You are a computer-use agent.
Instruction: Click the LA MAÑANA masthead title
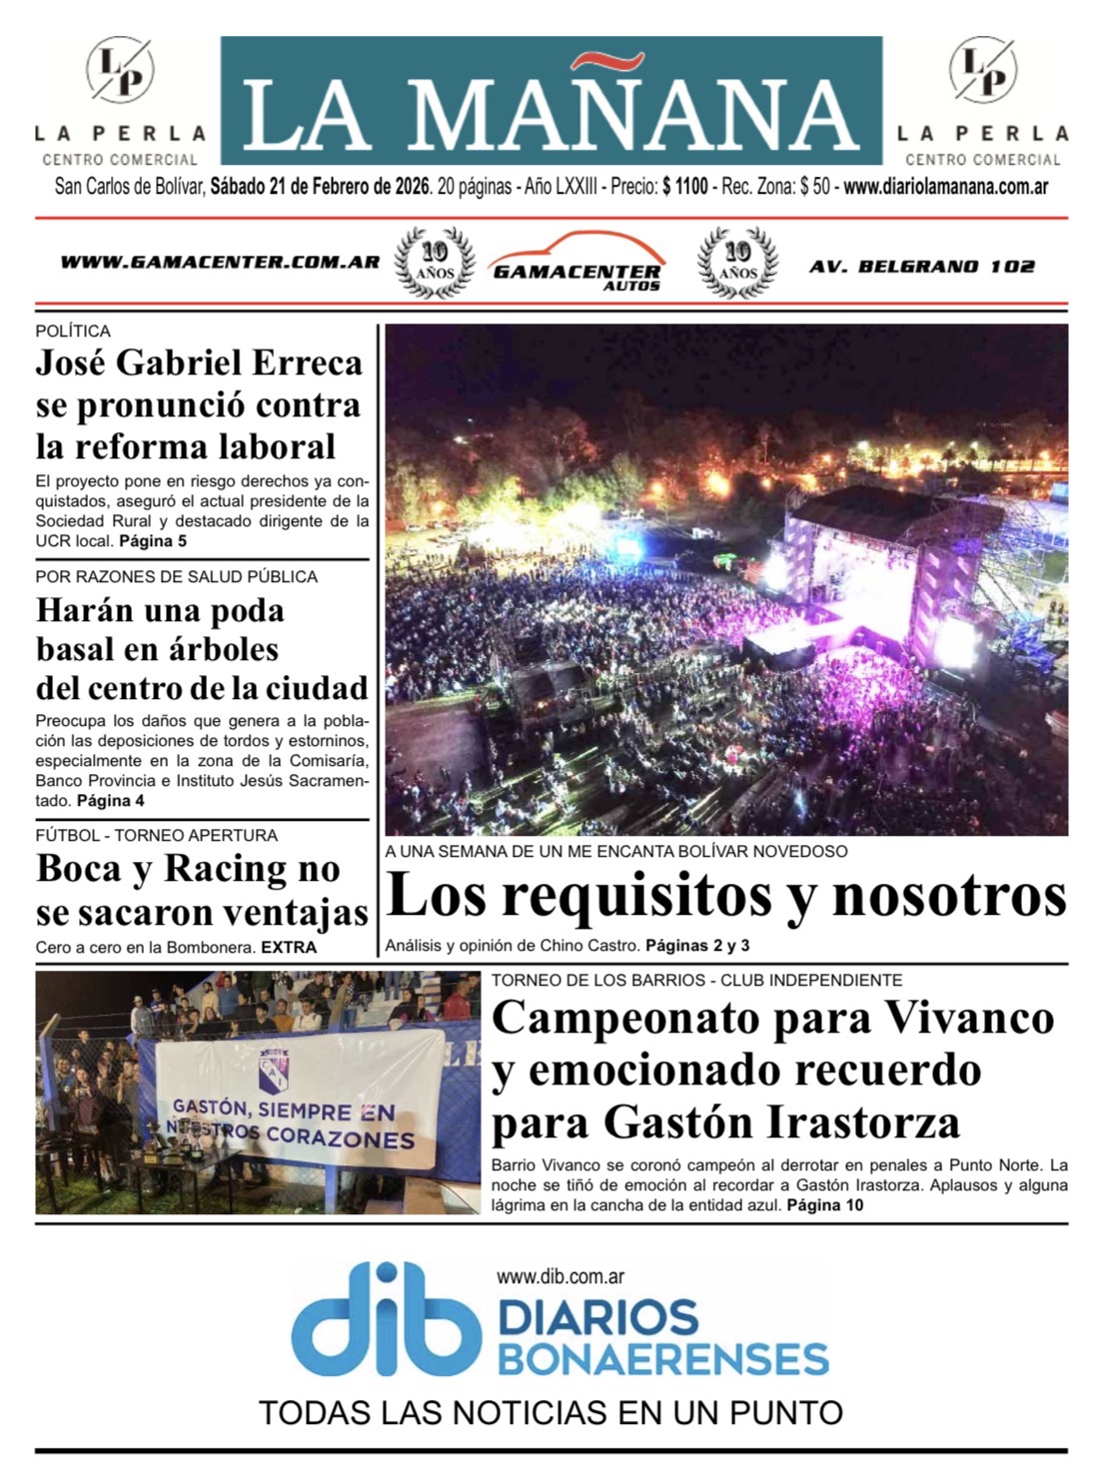551,113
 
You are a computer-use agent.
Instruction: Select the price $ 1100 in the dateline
684,187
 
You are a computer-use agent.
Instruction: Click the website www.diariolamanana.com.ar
945,187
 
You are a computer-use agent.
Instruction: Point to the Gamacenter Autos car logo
576,263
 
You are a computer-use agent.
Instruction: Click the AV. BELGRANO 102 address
921,267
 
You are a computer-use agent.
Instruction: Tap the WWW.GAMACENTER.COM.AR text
220,263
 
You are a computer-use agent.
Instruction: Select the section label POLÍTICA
73,331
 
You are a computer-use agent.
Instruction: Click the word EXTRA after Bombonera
289,948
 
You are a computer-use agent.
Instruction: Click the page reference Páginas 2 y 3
696,945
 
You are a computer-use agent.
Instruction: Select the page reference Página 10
824,1205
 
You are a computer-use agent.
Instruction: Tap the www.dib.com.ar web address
559,1275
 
